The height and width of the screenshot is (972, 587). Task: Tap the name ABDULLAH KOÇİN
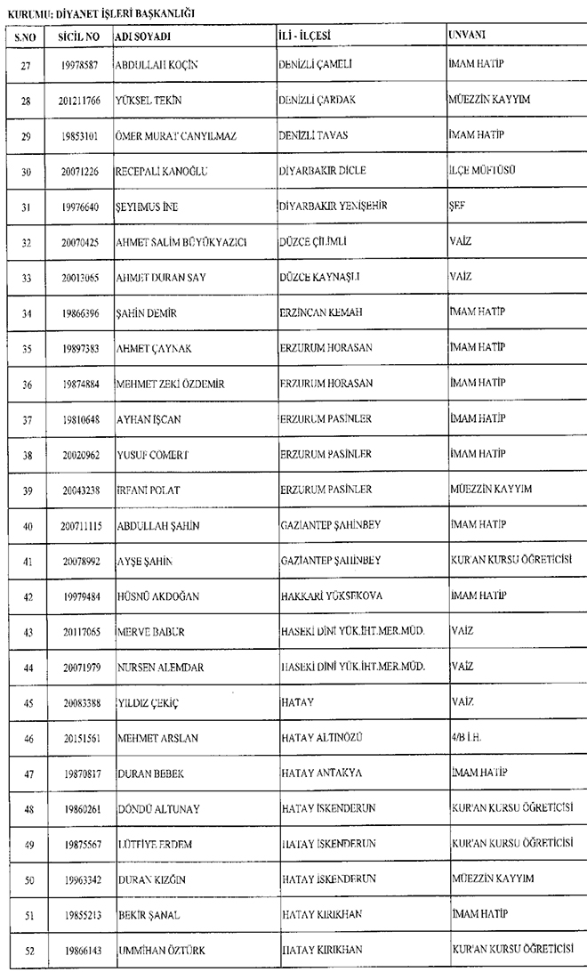[157, 65]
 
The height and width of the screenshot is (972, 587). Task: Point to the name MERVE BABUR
[148, 632]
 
